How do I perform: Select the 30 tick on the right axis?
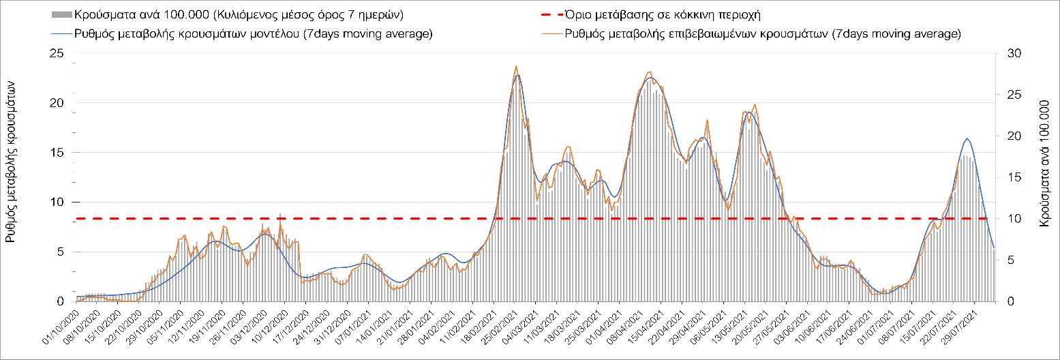pos(1009,53)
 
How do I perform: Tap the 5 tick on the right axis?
pos(1006,260)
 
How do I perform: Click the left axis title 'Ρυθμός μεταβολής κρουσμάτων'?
pos(13,160)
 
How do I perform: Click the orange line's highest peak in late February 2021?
pos(516,66)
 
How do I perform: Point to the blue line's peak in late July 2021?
pos(967,138)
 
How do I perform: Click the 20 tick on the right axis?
pos(1009,136)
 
